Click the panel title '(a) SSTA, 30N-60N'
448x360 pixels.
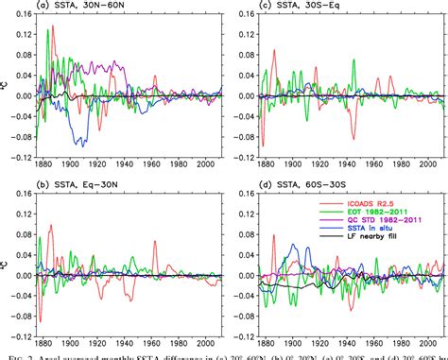tap(83, 8)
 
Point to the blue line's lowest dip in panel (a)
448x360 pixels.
tap(83, 146)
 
